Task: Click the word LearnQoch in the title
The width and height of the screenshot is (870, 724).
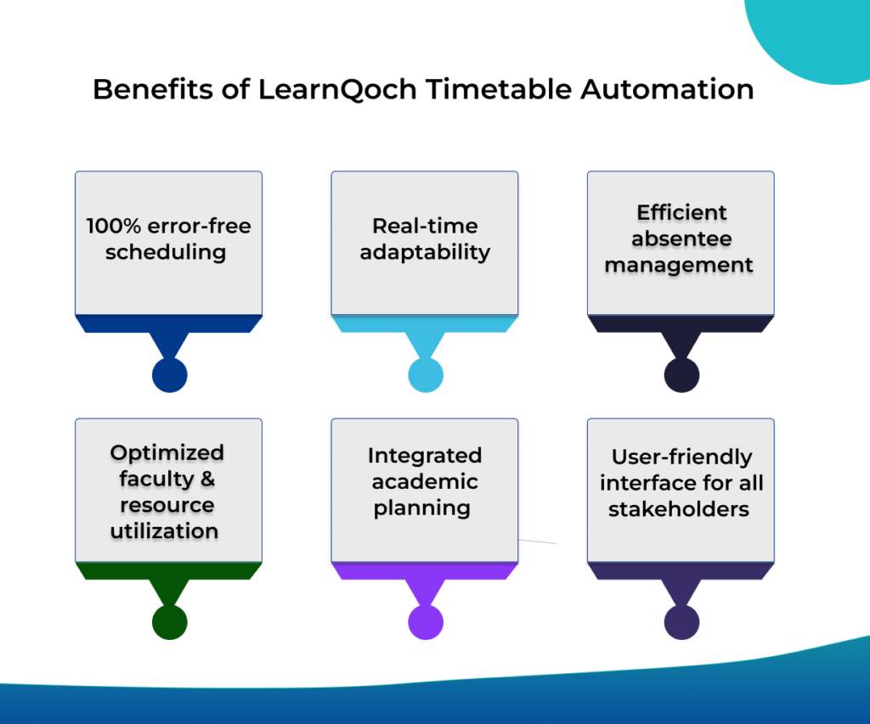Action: (x=340, y=89)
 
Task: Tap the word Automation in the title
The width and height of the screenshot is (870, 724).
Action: (x=667, y=89)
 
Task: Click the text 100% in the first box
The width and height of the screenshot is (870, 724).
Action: (x=114, y=227)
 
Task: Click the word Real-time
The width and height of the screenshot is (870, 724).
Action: (x=425, y=227)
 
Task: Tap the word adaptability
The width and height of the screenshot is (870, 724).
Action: (x=425, y=253)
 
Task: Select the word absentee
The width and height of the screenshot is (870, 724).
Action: (x=681, y=239)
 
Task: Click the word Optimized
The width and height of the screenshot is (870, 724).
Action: (x=167, y=452)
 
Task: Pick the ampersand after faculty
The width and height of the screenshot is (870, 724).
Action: (x=206, y=479)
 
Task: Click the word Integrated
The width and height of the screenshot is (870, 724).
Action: (x=425, y=456)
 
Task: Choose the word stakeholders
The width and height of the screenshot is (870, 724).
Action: (x=679, y=509)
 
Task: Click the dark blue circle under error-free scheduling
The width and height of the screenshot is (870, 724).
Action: (x=169, y=375)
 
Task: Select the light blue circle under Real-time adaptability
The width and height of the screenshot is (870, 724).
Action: (x=425, y=375)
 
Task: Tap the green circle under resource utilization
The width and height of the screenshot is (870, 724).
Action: (x=169, y=621)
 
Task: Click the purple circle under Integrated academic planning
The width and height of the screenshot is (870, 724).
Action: (x=425, y=621)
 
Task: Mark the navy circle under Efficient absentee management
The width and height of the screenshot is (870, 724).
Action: (x=681, y=375)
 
